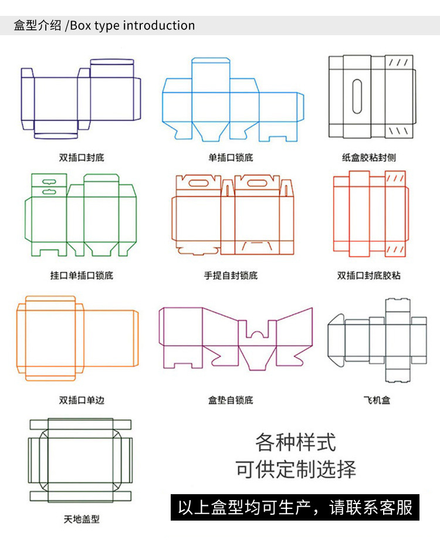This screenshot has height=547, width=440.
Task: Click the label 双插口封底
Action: (82, 157)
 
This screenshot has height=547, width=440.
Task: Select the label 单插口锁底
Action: (231, 157)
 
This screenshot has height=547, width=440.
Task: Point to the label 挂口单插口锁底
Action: (82, 275)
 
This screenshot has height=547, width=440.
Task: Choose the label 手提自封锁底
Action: (231, 275)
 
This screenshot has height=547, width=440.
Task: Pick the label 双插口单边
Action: (82, 400)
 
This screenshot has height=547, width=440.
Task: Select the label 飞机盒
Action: (377, 400)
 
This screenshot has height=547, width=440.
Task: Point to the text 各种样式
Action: (296, 441)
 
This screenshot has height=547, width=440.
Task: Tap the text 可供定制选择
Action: (296, 470)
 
